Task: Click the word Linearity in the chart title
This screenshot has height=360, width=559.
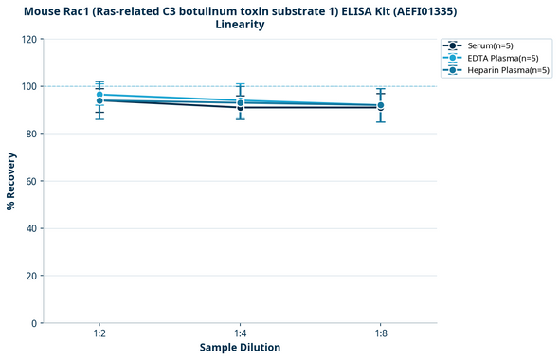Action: pos(240,25)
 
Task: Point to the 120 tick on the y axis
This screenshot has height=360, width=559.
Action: pos(30,39)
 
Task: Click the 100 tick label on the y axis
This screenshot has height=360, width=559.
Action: pos(30,86)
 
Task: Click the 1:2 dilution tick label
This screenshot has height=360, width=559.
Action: pos(99,333)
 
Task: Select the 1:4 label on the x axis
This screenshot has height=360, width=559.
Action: pos(240,333)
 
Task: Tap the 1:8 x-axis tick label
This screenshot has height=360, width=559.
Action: pos(380,333)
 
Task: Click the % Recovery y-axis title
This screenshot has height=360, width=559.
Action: pos(11,181)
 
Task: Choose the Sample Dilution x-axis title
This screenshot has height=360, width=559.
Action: pos(240,348)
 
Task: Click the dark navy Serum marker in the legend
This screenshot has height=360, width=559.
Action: pos(454,45)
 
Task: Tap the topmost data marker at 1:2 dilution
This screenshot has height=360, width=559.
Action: pos(99,95)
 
